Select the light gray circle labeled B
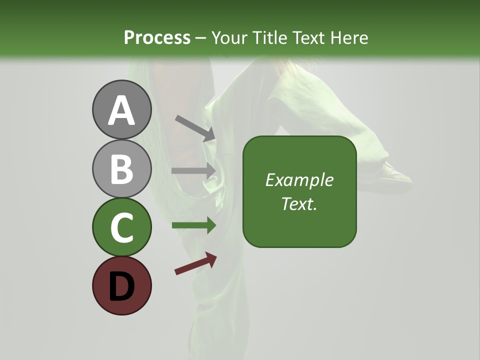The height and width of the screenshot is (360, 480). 122,168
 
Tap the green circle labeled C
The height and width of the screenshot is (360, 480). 122,227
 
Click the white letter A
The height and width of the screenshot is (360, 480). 122,110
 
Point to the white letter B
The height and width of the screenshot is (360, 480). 122,169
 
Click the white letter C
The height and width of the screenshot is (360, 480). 122,227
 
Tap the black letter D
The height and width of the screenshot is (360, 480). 122,286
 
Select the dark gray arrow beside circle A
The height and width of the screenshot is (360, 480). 195,128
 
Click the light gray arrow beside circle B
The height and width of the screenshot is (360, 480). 193,170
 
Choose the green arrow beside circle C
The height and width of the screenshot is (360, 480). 193,225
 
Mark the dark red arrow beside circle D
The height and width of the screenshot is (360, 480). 195,263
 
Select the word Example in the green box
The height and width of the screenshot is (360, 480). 299,180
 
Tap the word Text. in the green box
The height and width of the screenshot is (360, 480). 299,203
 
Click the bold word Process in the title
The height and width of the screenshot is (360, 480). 157,37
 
